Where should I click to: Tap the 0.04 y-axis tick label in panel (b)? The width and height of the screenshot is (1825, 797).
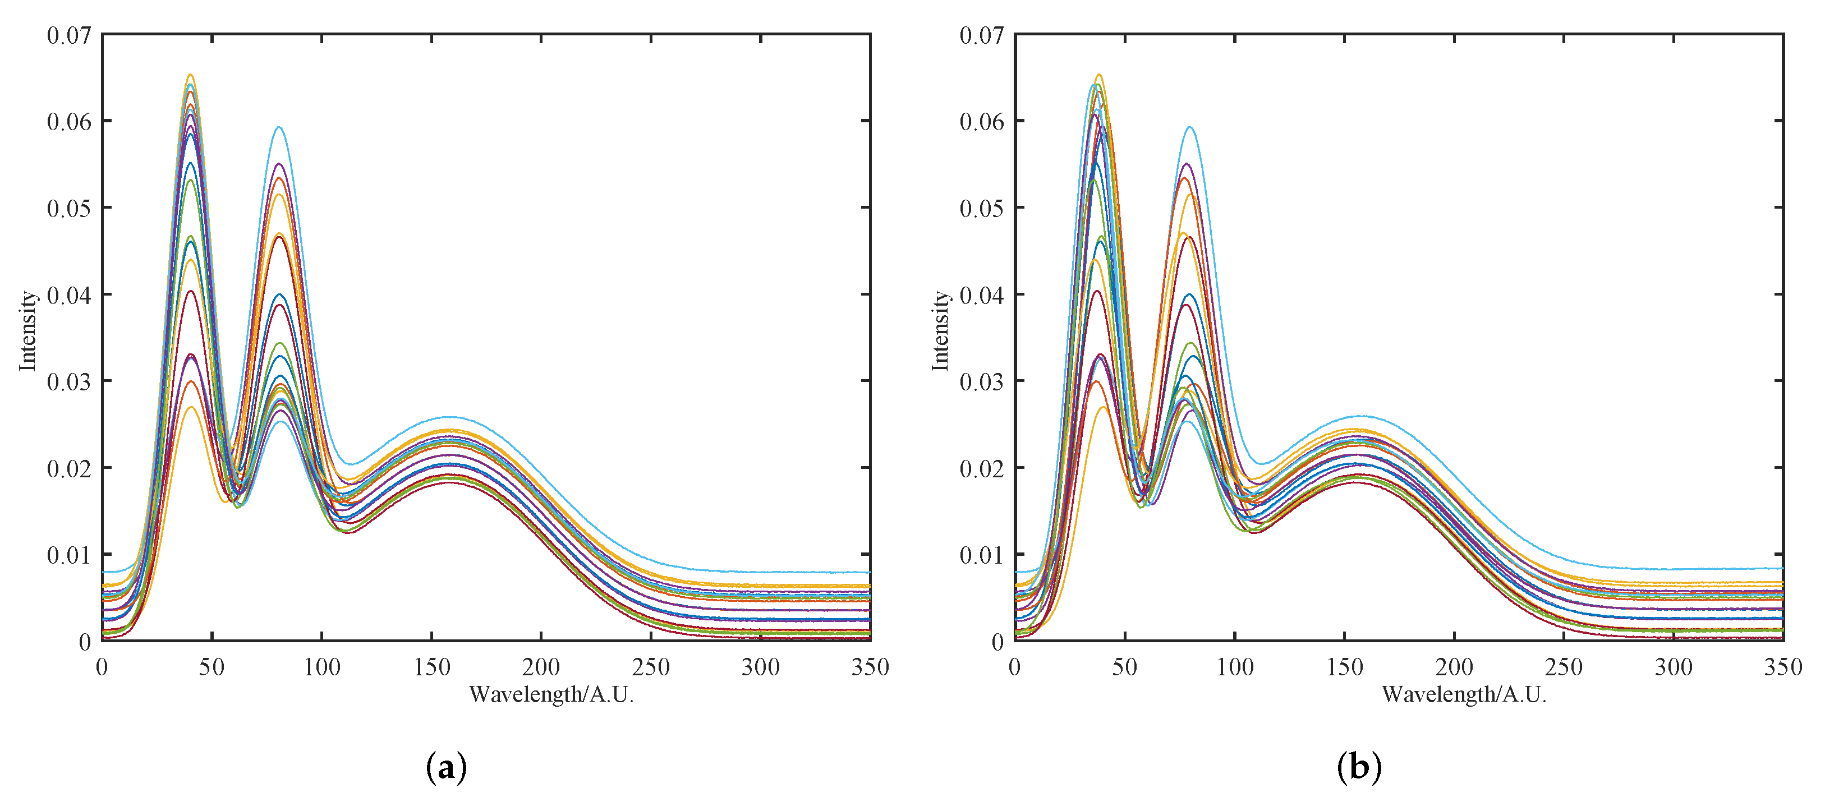pos(982,294)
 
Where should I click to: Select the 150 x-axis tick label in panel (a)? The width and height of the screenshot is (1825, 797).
pos(431,667)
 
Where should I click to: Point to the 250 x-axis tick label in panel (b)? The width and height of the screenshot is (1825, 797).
pos(1564,667)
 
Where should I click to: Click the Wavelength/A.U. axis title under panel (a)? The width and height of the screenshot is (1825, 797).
pos(551,694)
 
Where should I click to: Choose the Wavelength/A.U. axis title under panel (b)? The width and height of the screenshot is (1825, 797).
pos(1464,694)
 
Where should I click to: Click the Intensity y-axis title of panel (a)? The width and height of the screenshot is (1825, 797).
pos(27,330)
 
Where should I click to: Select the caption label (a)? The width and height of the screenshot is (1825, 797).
pos(447,767)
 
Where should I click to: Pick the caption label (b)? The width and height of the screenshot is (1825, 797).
pos(1359,767)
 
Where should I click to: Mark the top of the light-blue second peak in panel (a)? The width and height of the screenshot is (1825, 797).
pos(280,127)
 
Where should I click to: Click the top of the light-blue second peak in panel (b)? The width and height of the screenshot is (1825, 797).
pos(1190,127)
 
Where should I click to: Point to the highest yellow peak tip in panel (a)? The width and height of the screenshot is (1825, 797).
pos(190,75)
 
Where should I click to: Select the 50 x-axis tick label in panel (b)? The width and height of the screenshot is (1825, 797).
pos(1124,667)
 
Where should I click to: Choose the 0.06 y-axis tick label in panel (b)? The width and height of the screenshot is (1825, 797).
pos(982,121)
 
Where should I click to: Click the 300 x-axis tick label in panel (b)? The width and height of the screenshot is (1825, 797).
pos(1674,667)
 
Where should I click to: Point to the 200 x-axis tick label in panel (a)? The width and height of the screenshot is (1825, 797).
pos(541,667)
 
